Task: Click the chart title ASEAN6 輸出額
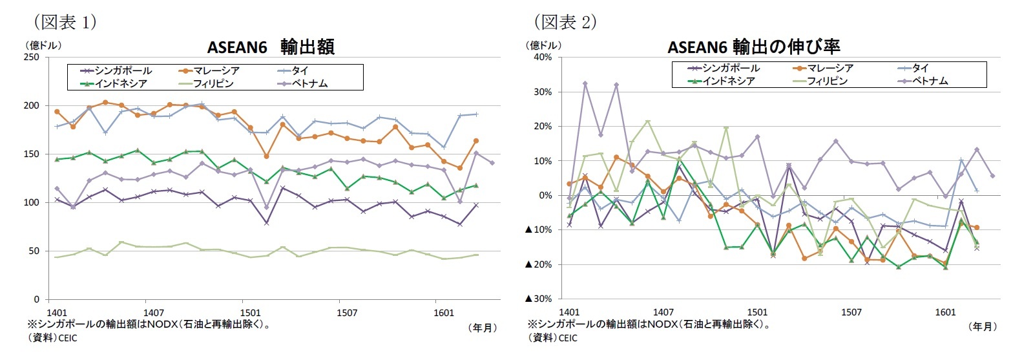270,47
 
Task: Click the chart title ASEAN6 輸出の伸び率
753,47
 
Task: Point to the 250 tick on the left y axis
31,57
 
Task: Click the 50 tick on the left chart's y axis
34,251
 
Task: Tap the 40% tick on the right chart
542,57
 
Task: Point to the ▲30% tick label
538,299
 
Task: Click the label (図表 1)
65,22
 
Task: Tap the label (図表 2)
565,22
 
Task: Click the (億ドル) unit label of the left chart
43,45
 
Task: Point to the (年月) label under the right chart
983,327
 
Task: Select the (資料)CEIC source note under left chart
52,338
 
